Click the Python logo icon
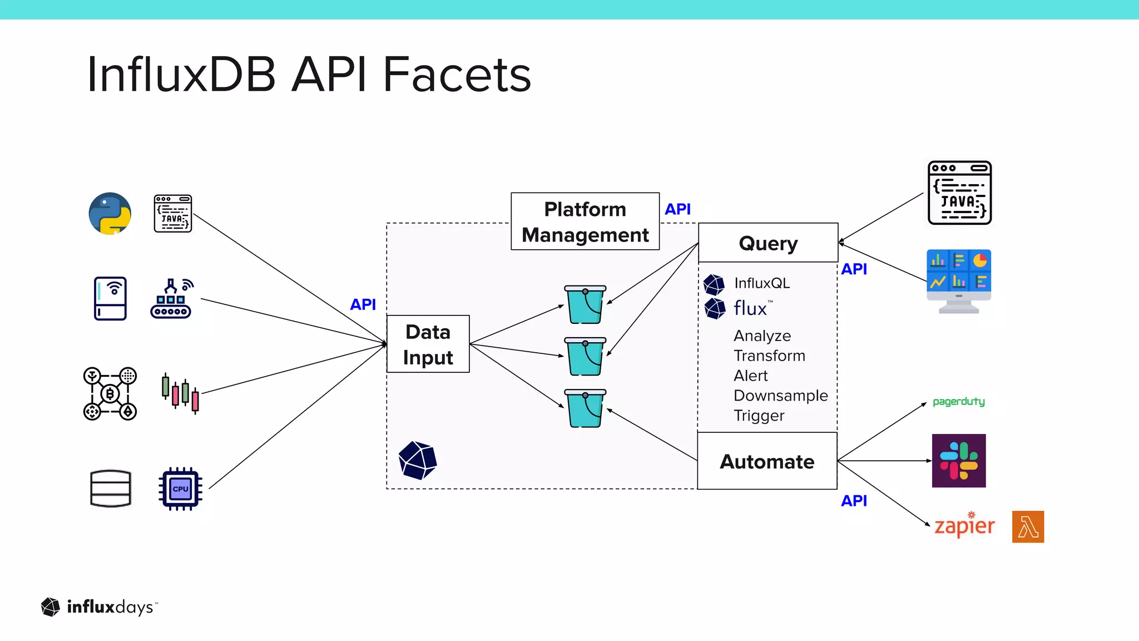[x=110, y=214]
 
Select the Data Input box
[x=428, y=344]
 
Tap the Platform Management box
[x=585, y=221]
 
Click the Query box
[x=767, y=243]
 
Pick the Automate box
[x=767, y=461]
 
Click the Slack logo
[x=959, y=461]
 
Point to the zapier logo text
[x=964, y=526]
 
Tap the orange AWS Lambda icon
[x=1028, y=526]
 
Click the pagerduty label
[x=958, y=401]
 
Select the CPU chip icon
[x=180, y=489]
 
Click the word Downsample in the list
[x=780, y=396]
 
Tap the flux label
[x=750, y=308]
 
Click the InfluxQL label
[x=761, y=283]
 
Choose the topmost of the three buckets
[x=585, y=304]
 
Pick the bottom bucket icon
[x=585, y=408]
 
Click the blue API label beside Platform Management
[x=677, y=209]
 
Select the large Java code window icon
[x=959, y=193]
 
